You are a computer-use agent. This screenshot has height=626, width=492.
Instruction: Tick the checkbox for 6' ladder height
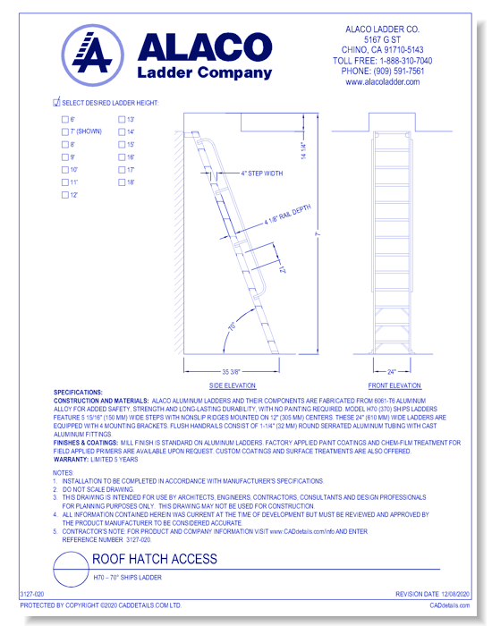pos(64,119)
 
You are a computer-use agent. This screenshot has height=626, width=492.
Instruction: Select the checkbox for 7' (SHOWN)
pos(64,131)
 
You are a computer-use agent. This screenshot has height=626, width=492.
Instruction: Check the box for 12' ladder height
pos(64,194)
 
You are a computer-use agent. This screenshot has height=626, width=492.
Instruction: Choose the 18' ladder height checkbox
pos(122,182)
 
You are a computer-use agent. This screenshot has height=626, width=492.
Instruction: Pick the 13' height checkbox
pos(122,119)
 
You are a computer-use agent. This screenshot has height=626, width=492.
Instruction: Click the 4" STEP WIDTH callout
pos(261,173)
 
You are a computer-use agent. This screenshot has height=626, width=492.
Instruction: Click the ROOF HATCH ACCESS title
pos(155,559)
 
